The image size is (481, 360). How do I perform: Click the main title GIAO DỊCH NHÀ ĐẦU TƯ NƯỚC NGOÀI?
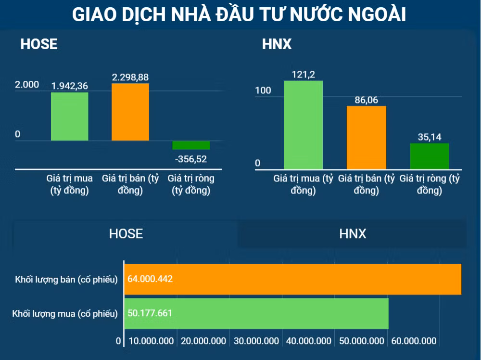(239, 14)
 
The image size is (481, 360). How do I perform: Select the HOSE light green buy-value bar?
(70, 116)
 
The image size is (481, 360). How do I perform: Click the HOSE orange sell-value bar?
(130, 112)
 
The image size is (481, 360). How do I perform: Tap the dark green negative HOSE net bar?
(191, 145)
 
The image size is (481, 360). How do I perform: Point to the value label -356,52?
(191, 159)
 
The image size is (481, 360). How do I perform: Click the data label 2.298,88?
(130, 77)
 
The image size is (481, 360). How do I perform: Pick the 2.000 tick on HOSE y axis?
(27, 84)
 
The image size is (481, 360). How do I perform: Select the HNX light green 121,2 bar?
(303, 125)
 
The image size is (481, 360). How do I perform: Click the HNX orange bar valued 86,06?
(366, 138)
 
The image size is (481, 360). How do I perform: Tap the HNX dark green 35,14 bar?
(430, 156)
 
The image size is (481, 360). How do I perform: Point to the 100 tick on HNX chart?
(263, 90)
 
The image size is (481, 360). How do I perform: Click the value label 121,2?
(304, 75)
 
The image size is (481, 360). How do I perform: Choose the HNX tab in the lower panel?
(352, 234)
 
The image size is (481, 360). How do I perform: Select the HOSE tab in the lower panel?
(126, 234)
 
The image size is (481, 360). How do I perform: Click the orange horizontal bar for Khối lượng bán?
(292, 279)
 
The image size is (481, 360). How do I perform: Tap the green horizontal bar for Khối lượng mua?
(256, 313)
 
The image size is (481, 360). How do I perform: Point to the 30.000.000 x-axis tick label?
(256, 341)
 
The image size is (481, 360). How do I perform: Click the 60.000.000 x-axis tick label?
(414, 341)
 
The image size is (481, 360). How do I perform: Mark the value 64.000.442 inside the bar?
(150, 279)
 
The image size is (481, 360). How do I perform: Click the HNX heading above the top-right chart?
(277, 44)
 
